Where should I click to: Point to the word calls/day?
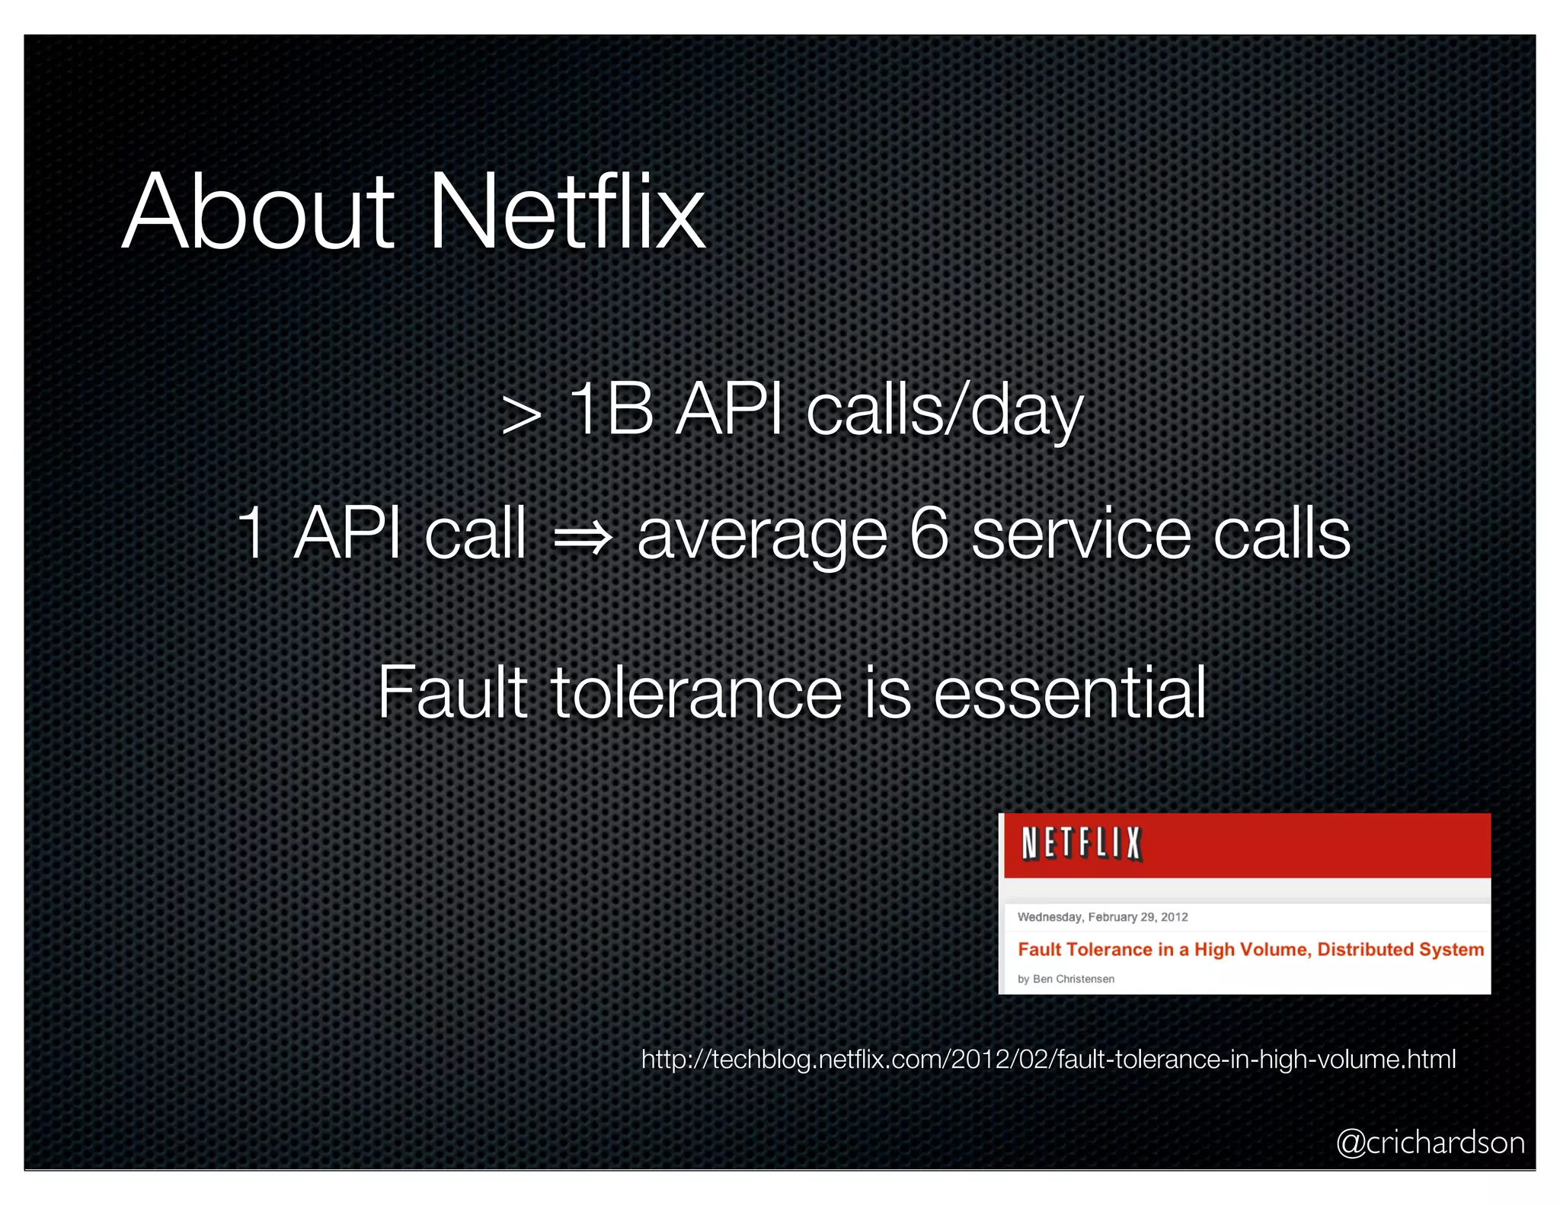coord(945,411)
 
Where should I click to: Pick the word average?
coord(762,537)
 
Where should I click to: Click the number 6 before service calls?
coord(929,535)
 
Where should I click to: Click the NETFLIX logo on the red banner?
coord(1081,844)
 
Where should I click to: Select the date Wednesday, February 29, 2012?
coord(1102,917)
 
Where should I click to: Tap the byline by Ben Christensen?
coord(1066,979)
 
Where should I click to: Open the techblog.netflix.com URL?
coord(1048,1060)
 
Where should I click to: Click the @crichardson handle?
coord(1431,1143)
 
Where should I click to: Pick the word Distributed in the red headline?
coord(1365,949)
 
